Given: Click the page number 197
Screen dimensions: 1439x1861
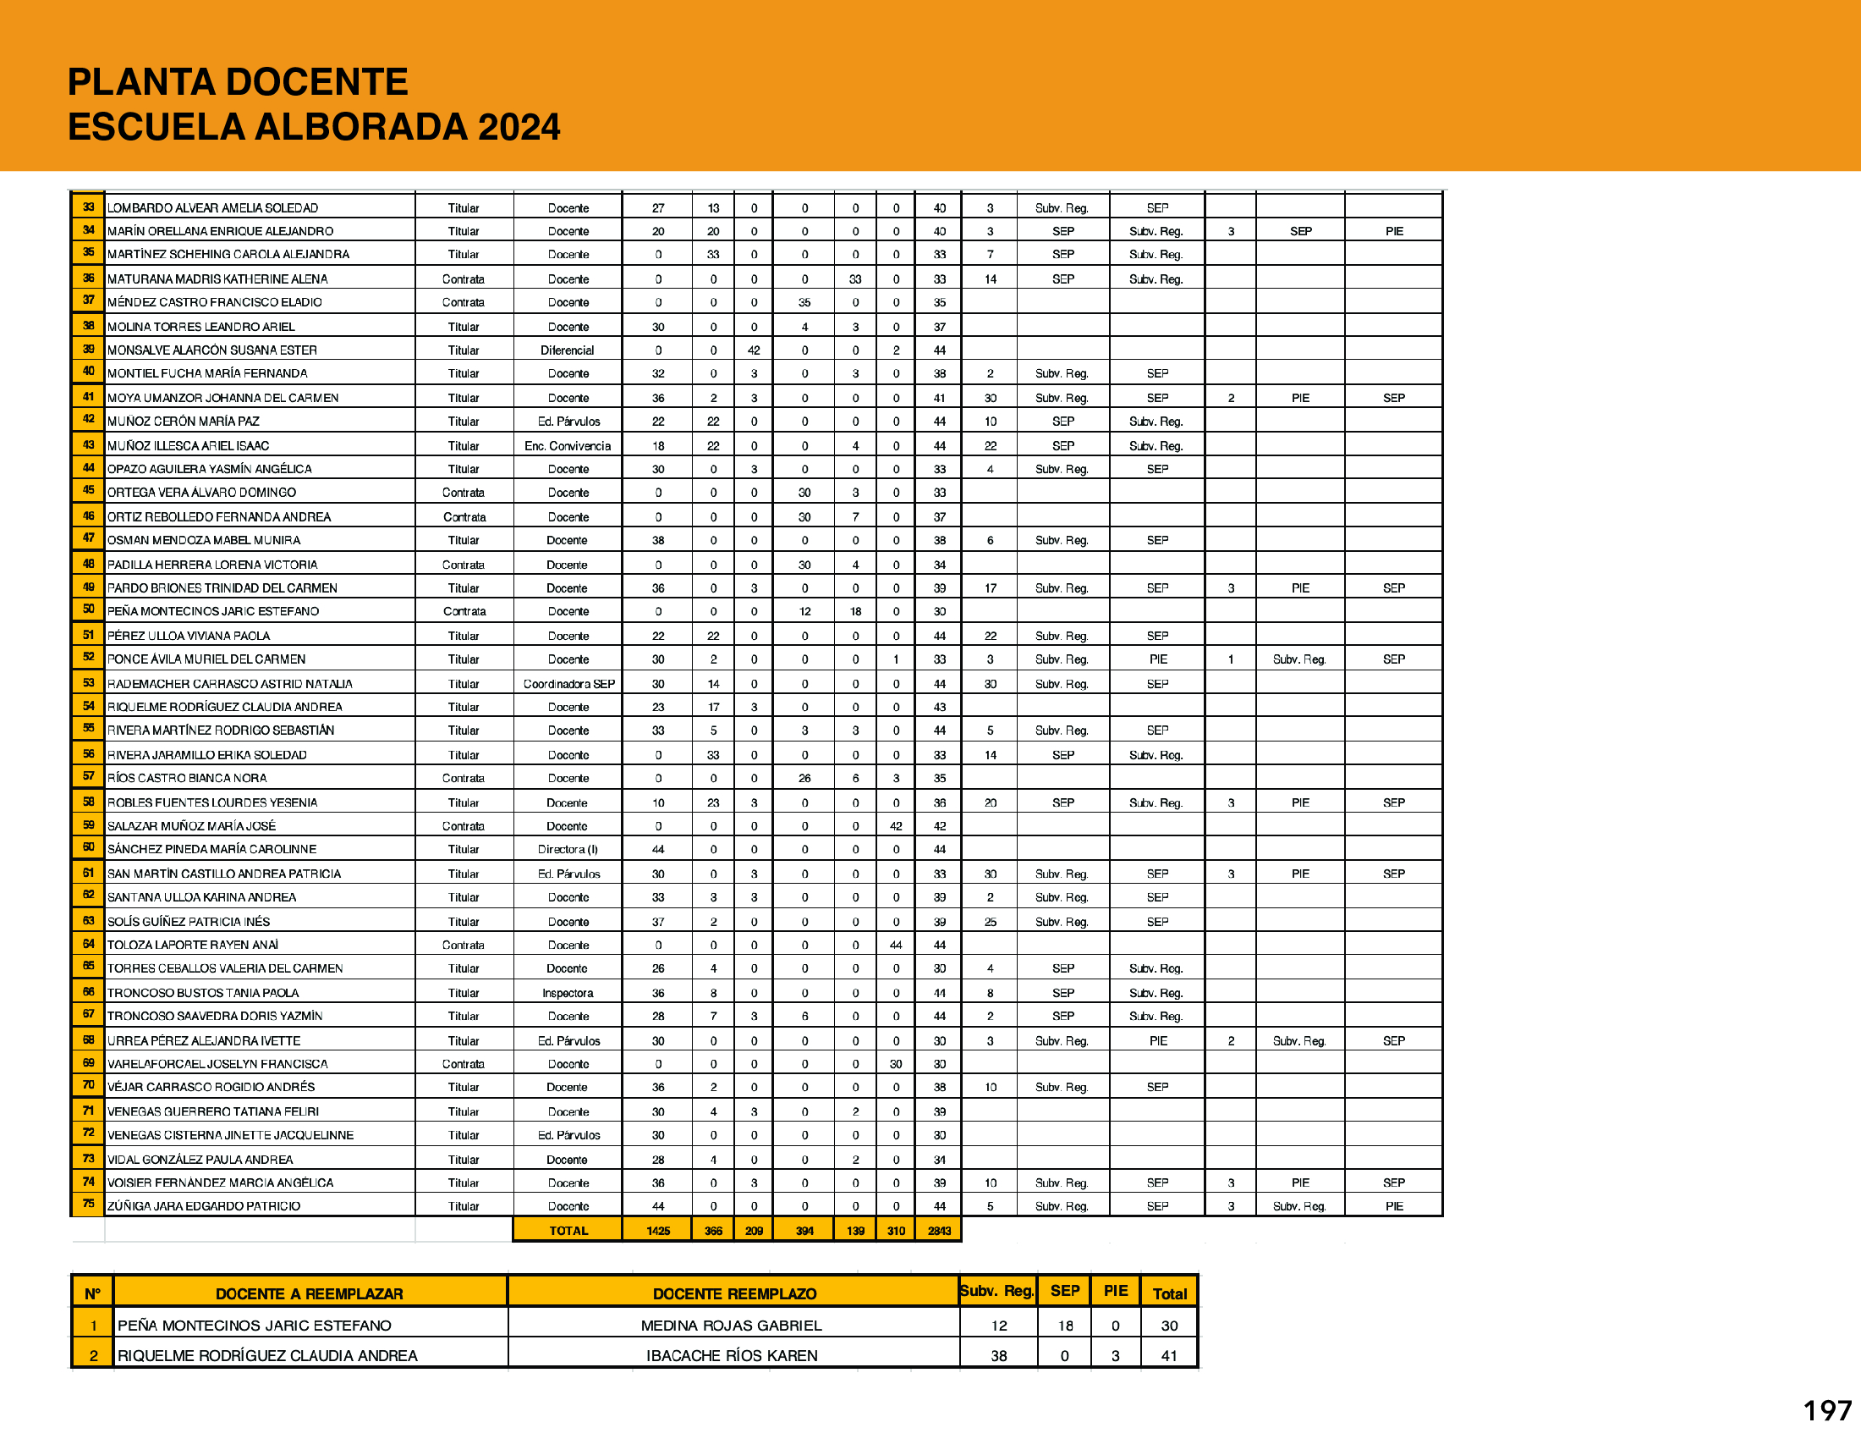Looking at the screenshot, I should [1826, 1410].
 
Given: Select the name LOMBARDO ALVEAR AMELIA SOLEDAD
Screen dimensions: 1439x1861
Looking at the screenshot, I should [212, 208].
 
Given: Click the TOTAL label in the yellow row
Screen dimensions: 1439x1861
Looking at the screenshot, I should [568, 1230].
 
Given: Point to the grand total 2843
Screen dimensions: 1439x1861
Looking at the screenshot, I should [939, 1230].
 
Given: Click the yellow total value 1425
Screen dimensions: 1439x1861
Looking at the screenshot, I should [658, 1230].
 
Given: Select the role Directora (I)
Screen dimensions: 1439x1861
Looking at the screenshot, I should [568, 849].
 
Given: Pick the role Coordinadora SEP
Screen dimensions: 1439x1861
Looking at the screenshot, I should [568, 684].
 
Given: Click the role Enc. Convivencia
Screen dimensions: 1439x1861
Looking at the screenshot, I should [568, 446].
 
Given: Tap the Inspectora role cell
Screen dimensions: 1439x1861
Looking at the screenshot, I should [568, 993].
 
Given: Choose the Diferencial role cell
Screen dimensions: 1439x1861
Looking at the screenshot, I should [568, 350].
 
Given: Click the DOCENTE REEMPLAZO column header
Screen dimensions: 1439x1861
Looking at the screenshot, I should [734, 1293].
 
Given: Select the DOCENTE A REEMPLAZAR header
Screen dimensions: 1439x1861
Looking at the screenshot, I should [310, 1293].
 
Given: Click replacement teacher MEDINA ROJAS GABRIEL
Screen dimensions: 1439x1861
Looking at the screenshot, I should [731, 1326].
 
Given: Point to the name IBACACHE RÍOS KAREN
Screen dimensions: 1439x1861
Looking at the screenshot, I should [731, 1355].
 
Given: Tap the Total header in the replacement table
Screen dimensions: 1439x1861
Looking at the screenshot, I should [1169, 1293].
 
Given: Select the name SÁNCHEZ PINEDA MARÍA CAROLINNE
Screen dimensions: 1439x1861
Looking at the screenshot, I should [211, 849].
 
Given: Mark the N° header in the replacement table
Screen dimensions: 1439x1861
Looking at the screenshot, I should [93, 1293].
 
